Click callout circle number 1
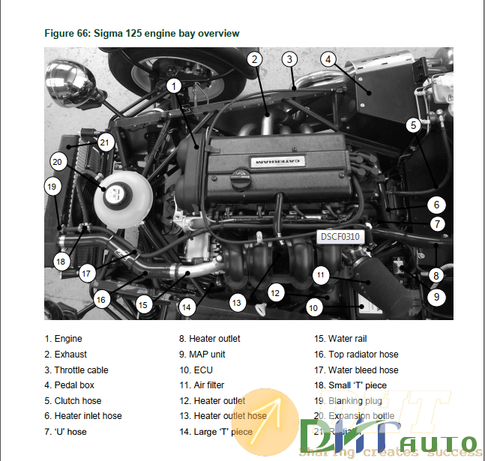click(x=173, y=86)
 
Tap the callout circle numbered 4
click(x=328, y=59)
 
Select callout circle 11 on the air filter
click(x=321, y=275)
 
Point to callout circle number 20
click(x=58, y=160)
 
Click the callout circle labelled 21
click(x=105, y=142)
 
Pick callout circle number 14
click(x=187, y=306)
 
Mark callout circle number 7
click(x=437, y=223)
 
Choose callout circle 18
click(x=61, y=261)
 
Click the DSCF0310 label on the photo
click(x=340, y=237)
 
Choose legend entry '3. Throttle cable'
click(x=76, y=370)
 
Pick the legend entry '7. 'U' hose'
click(x=65, y=432)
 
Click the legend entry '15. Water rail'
click(x=340, y=339)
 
